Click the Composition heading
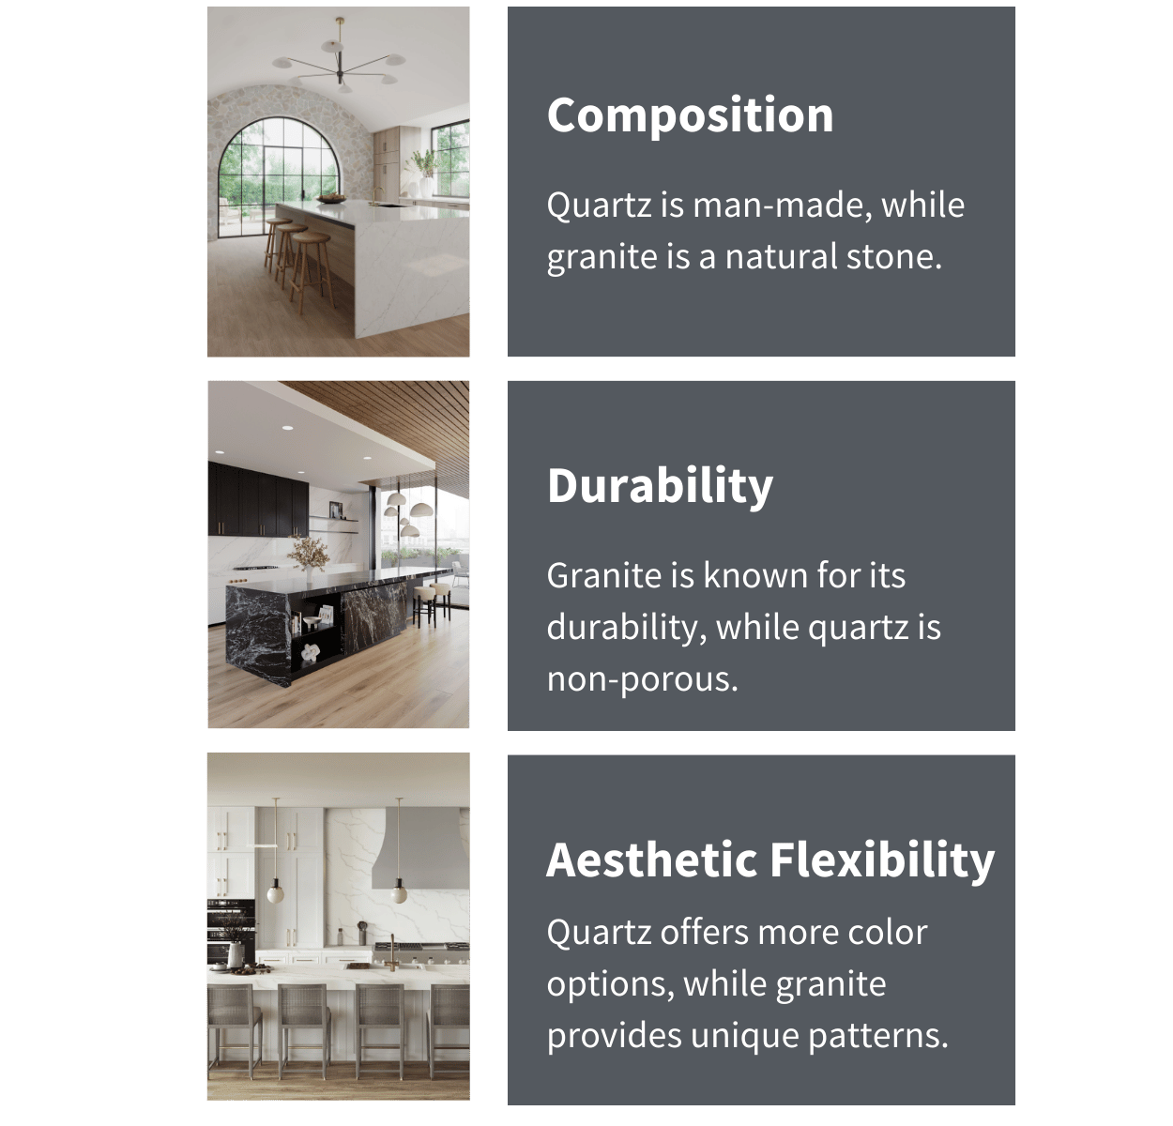[690, 115]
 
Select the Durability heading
[660, 486]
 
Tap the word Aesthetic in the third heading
[651, 860]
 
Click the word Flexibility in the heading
[882, 860]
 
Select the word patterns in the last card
[878, 1036]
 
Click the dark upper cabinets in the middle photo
[258, 498]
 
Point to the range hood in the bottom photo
[420, 849]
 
